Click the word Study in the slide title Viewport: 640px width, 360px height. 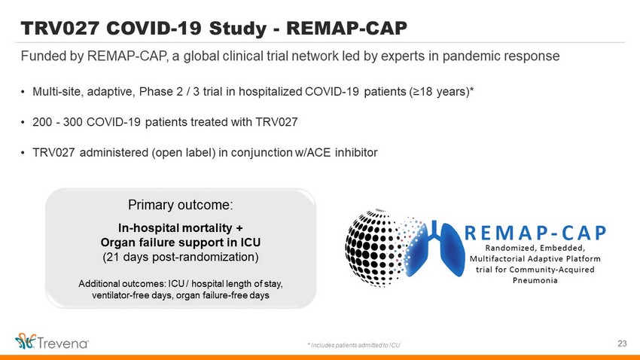(237, 29)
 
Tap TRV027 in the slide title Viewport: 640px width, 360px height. (60, 28)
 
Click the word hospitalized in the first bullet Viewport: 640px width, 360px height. (270, 92)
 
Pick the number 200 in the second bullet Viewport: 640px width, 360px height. (42, 122)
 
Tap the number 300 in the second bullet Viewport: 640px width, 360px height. (72, 122)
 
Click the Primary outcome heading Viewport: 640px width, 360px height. (181, 205)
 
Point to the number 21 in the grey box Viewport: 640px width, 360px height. (113, 257)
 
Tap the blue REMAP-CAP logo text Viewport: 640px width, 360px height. (535, 233)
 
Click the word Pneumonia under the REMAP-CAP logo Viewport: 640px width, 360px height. (535, 280)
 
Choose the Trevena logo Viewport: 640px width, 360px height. (52, 342)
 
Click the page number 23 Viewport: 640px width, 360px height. (622, 343)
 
